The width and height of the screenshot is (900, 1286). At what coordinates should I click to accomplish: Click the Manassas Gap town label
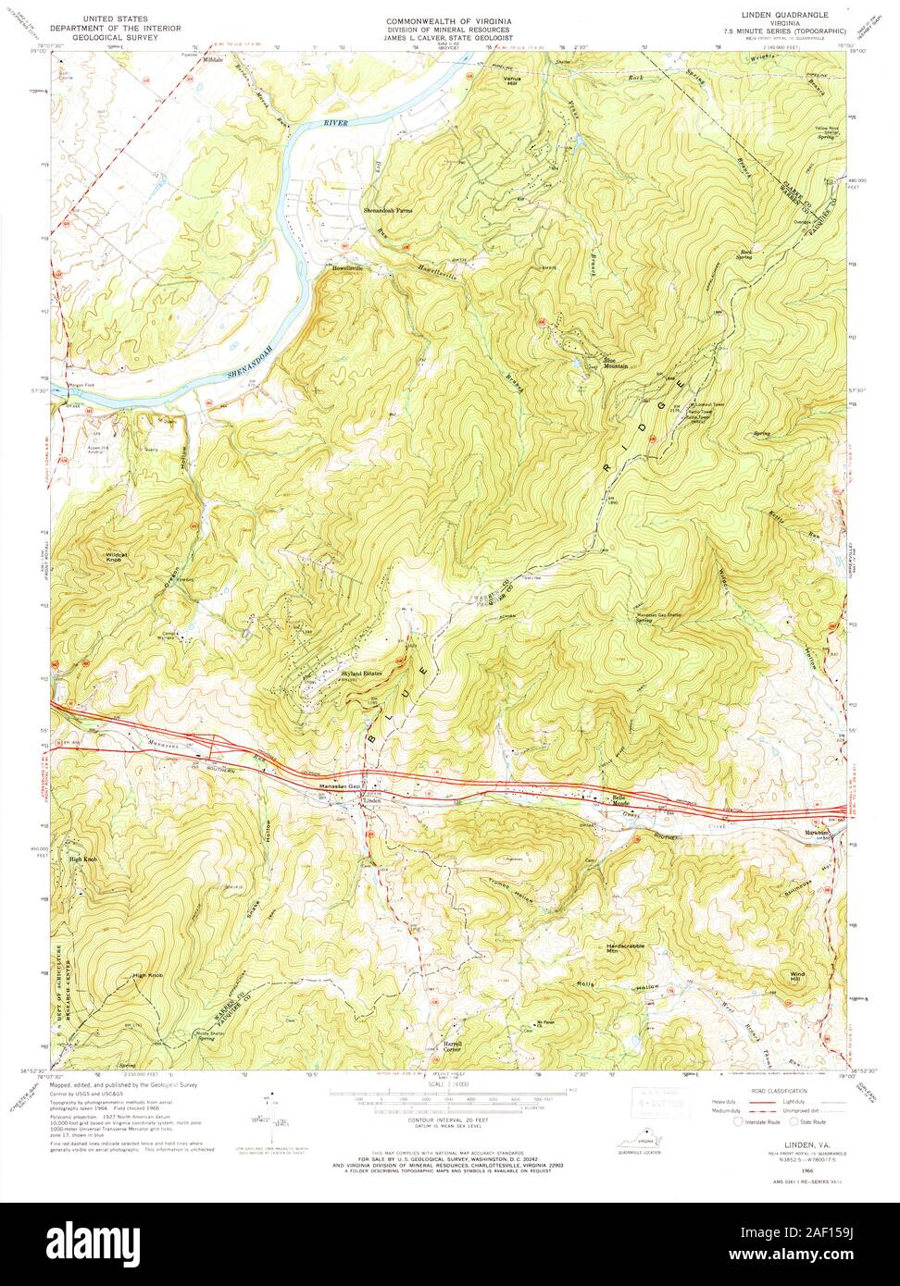[x=338, y=786]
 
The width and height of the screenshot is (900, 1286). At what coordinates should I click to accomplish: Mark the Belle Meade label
[x=618, y=800]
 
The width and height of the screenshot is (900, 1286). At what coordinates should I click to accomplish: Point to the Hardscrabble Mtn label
[x=625, y=948]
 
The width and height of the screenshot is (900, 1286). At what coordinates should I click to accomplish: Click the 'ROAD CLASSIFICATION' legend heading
[x=778, y=1092]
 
